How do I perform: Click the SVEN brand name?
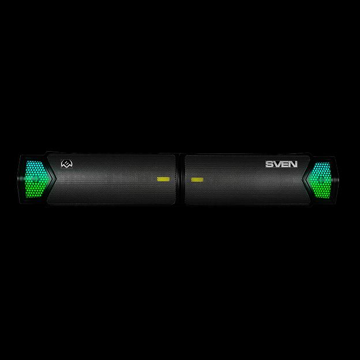click(x=281, y=164)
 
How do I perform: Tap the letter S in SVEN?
click(x=269, y=164)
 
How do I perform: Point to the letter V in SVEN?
click(x=277, y=164)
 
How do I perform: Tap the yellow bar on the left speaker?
click(x=163, y=179)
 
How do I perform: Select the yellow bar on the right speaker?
click(x=197, y=179)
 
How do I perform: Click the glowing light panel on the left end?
click(x=36, y=178)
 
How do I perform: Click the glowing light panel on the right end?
click(x=321, y=178)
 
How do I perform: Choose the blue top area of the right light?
click(x=322, y=167)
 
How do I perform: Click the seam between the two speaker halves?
click(x=181, y=179)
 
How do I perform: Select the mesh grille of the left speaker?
click(x=115, y=185)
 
